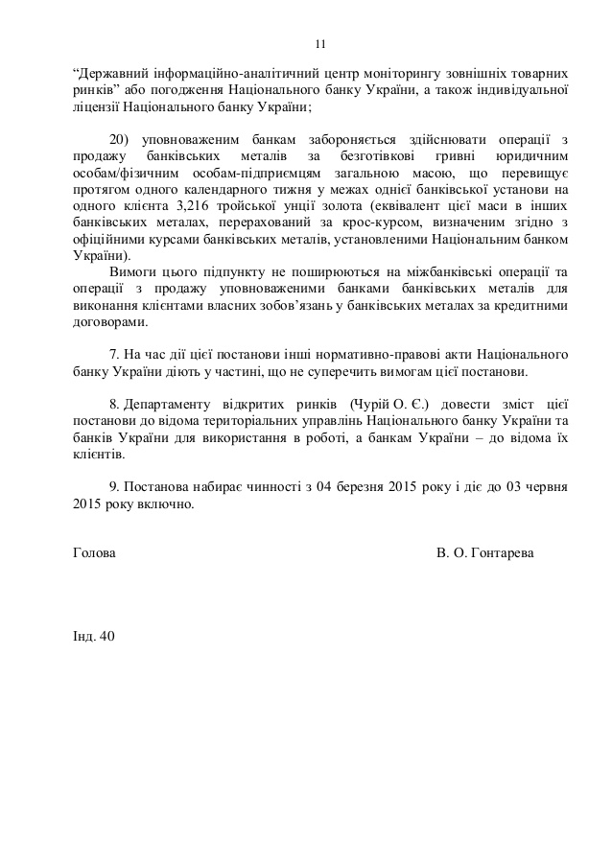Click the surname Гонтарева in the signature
pos(504,554)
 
